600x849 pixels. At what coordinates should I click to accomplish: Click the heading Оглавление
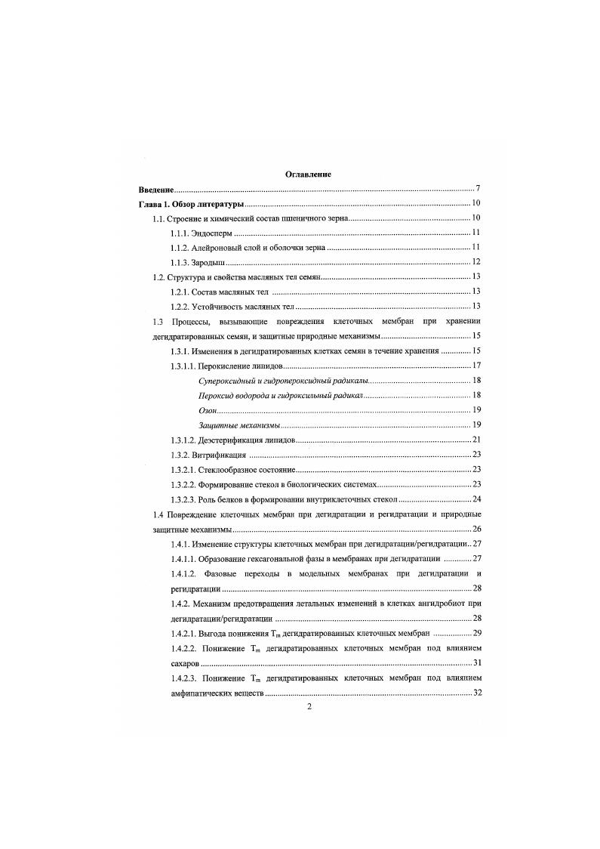point(308,174)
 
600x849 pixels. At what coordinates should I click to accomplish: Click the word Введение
point(156,189)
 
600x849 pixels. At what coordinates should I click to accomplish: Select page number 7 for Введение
point(478,189)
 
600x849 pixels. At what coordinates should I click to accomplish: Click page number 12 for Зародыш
point(476,262)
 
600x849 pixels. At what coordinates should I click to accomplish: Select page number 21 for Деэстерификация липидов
point(476,440)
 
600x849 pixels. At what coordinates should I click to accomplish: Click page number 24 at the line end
point(476,499)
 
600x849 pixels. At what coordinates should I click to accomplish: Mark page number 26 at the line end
point(476,528)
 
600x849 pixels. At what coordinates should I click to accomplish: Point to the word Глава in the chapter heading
point(151,204)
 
